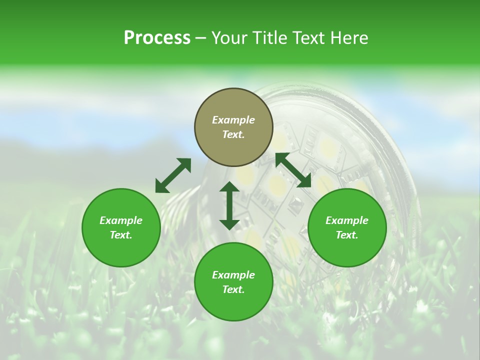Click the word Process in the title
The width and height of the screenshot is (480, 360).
click(157, 38)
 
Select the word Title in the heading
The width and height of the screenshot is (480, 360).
click(271, 38)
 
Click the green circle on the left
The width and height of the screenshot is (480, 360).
click(121, 227)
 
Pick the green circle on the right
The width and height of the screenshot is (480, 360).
click(347, 227)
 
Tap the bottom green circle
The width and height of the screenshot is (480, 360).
click(233, 281)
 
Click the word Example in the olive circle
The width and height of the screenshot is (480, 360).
click(233, 120)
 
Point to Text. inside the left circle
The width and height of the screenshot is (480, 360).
click(121, 235)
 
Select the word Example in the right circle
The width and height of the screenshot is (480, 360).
click(347, 220)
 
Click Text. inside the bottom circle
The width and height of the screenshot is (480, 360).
click(233, 289)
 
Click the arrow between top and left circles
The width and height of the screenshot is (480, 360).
click(173, 175)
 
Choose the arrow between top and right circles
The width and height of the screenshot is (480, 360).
click(293, 170)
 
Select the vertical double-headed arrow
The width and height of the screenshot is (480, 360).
click(229, 205)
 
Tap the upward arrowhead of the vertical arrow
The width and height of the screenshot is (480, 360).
click(229, 187)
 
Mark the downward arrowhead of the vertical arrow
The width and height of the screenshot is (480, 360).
click(229, 223)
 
